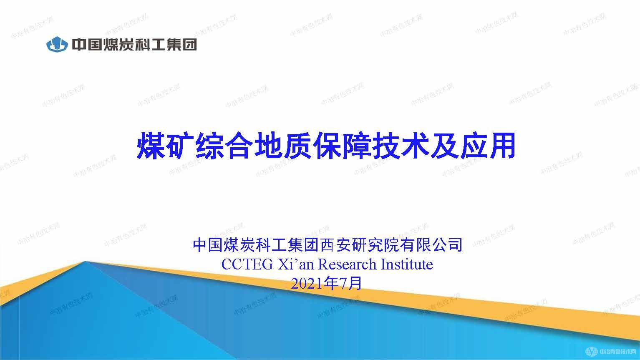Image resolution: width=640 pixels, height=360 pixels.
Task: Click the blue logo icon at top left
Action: click(57, 44)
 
